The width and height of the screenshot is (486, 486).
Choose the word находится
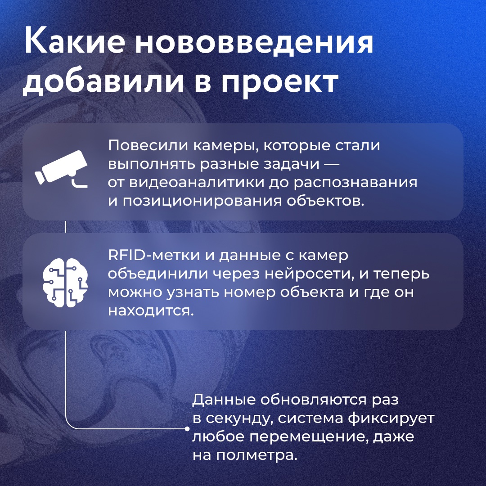(150, 310)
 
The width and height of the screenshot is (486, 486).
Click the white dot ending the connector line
(187, 429)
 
